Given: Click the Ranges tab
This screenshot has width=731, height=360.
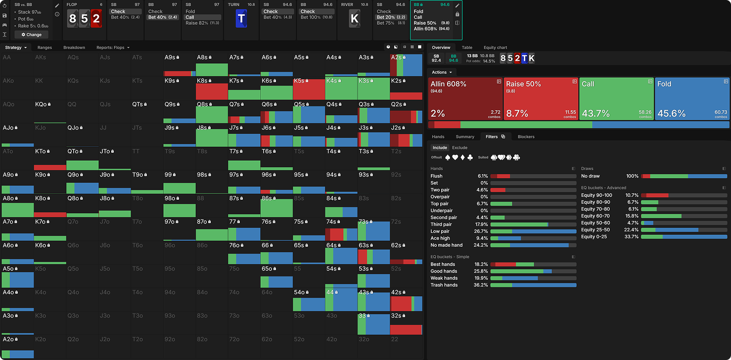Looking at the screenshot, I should point(45,47).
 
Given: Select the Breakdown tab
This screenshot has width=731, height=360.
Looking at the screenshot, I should point(74,47).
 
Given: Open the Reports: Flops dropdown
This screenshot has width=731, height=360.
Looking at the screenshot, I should point(113,47).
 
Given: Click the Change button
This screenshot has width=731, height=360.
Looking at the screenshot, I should point(32,35).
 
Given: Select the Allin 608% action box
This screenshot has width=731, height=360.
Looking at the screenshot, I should point(465,98).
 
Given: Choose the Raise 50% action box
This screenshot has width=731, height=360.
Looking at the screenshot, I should point(541,98).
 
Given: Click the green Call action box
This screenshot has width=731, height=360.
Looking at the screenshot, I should point(616,98).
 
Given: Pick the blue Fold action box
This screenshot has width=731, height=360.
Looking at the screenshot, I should point(691,98).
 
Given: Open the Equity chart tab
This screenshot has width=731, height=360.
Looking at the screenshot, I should point(495,47).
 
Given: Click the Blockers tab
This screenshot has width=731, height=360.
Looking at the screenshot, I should point(526,136).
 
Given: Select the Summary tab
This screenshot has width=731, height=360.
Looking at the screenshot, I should point(465,136).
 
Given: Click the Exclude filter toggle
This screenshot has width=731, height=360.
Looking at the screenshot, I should point(459,147).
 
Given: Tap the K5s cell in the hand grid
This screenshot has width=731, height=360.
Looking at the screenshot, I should point(309,89).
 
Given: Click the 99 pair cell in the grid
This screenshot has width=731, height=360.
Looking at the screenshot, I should point(180,182).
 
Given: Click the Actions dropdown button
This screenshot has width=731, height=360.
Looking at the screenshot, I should point(442,72).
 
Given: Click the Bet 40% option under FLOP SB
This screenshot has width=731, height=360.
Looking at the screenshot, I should point(125,17).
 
